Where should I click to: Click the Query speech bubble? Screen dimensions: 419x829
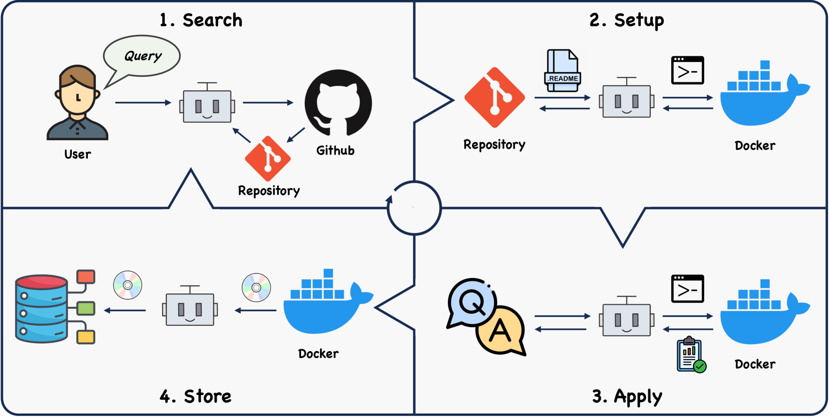click(x=142, y=56)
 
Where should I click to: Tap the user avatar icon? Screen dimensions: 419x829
click(x=77, y=103)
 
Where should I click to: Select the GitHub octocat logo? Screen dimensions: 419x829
click(x=338, y=103)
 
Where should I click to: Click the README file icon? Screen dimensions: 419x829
click(x=562, y=70)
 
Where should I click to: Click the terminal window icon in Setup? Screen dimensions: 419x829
click(x=687, y=70)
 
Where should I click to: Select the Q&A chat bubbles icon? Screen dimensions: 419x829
click(x=486, y=316)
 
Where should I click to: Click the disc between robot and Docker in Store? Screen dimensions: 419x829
click(x=256, y=287)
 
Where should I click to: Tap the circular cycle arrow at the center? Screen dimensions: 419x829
click(x=414, y=208)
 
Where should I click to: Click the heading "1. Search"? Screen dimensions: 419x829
click(x=201, y=20)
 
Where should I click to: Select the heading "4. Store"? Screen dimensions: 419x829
click(x=196, y=397)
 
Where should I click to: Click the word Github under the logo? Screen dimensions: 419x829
click(x=335, y=151)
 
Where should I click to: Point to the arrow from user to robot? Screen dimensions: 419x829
click(x=143, y=103)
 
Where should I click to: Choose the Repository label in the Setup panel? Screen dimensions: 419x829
click(x=494, y=145)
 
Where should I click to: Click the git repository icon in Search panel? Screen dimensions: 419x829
click(x=268, y=159)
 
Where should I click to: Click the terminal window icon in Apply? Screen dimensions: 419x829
click(x=687, y=289)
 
